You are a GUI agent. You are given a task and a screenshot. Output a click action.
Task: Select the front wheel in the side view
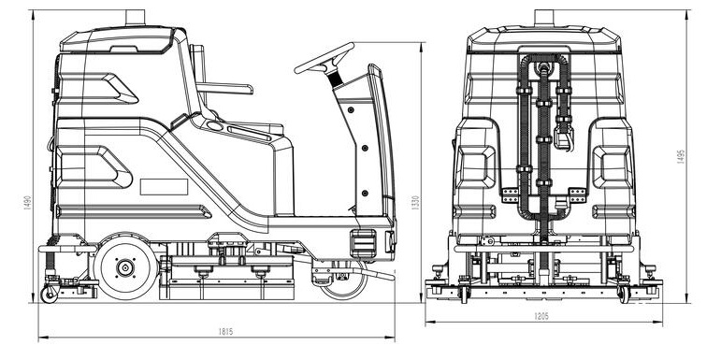pos(343,278)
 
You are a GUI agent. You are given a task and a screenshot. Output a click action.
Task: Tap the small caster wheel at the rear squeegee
pos(50,294)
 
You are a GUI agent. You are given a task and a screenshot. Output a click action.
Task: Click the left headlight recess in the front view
pos(475,167)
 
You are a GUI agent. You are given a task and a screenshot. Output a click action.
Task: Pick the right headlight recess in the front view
pos(613,167)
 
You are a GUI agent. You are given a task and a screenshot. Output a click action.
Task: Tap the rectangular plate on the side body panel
pos(164,187)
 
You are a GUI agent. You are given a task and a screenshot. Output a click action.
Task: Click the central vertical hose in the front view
pos(543,140)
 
